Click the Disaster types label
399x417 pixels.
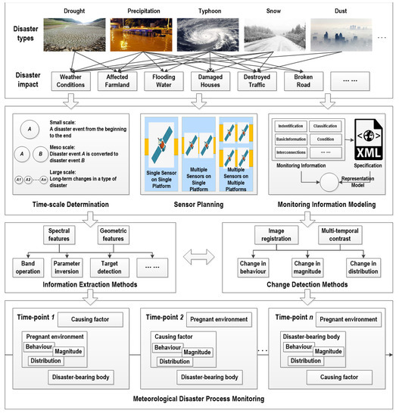pyautogui.click(x=26, y=31)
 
